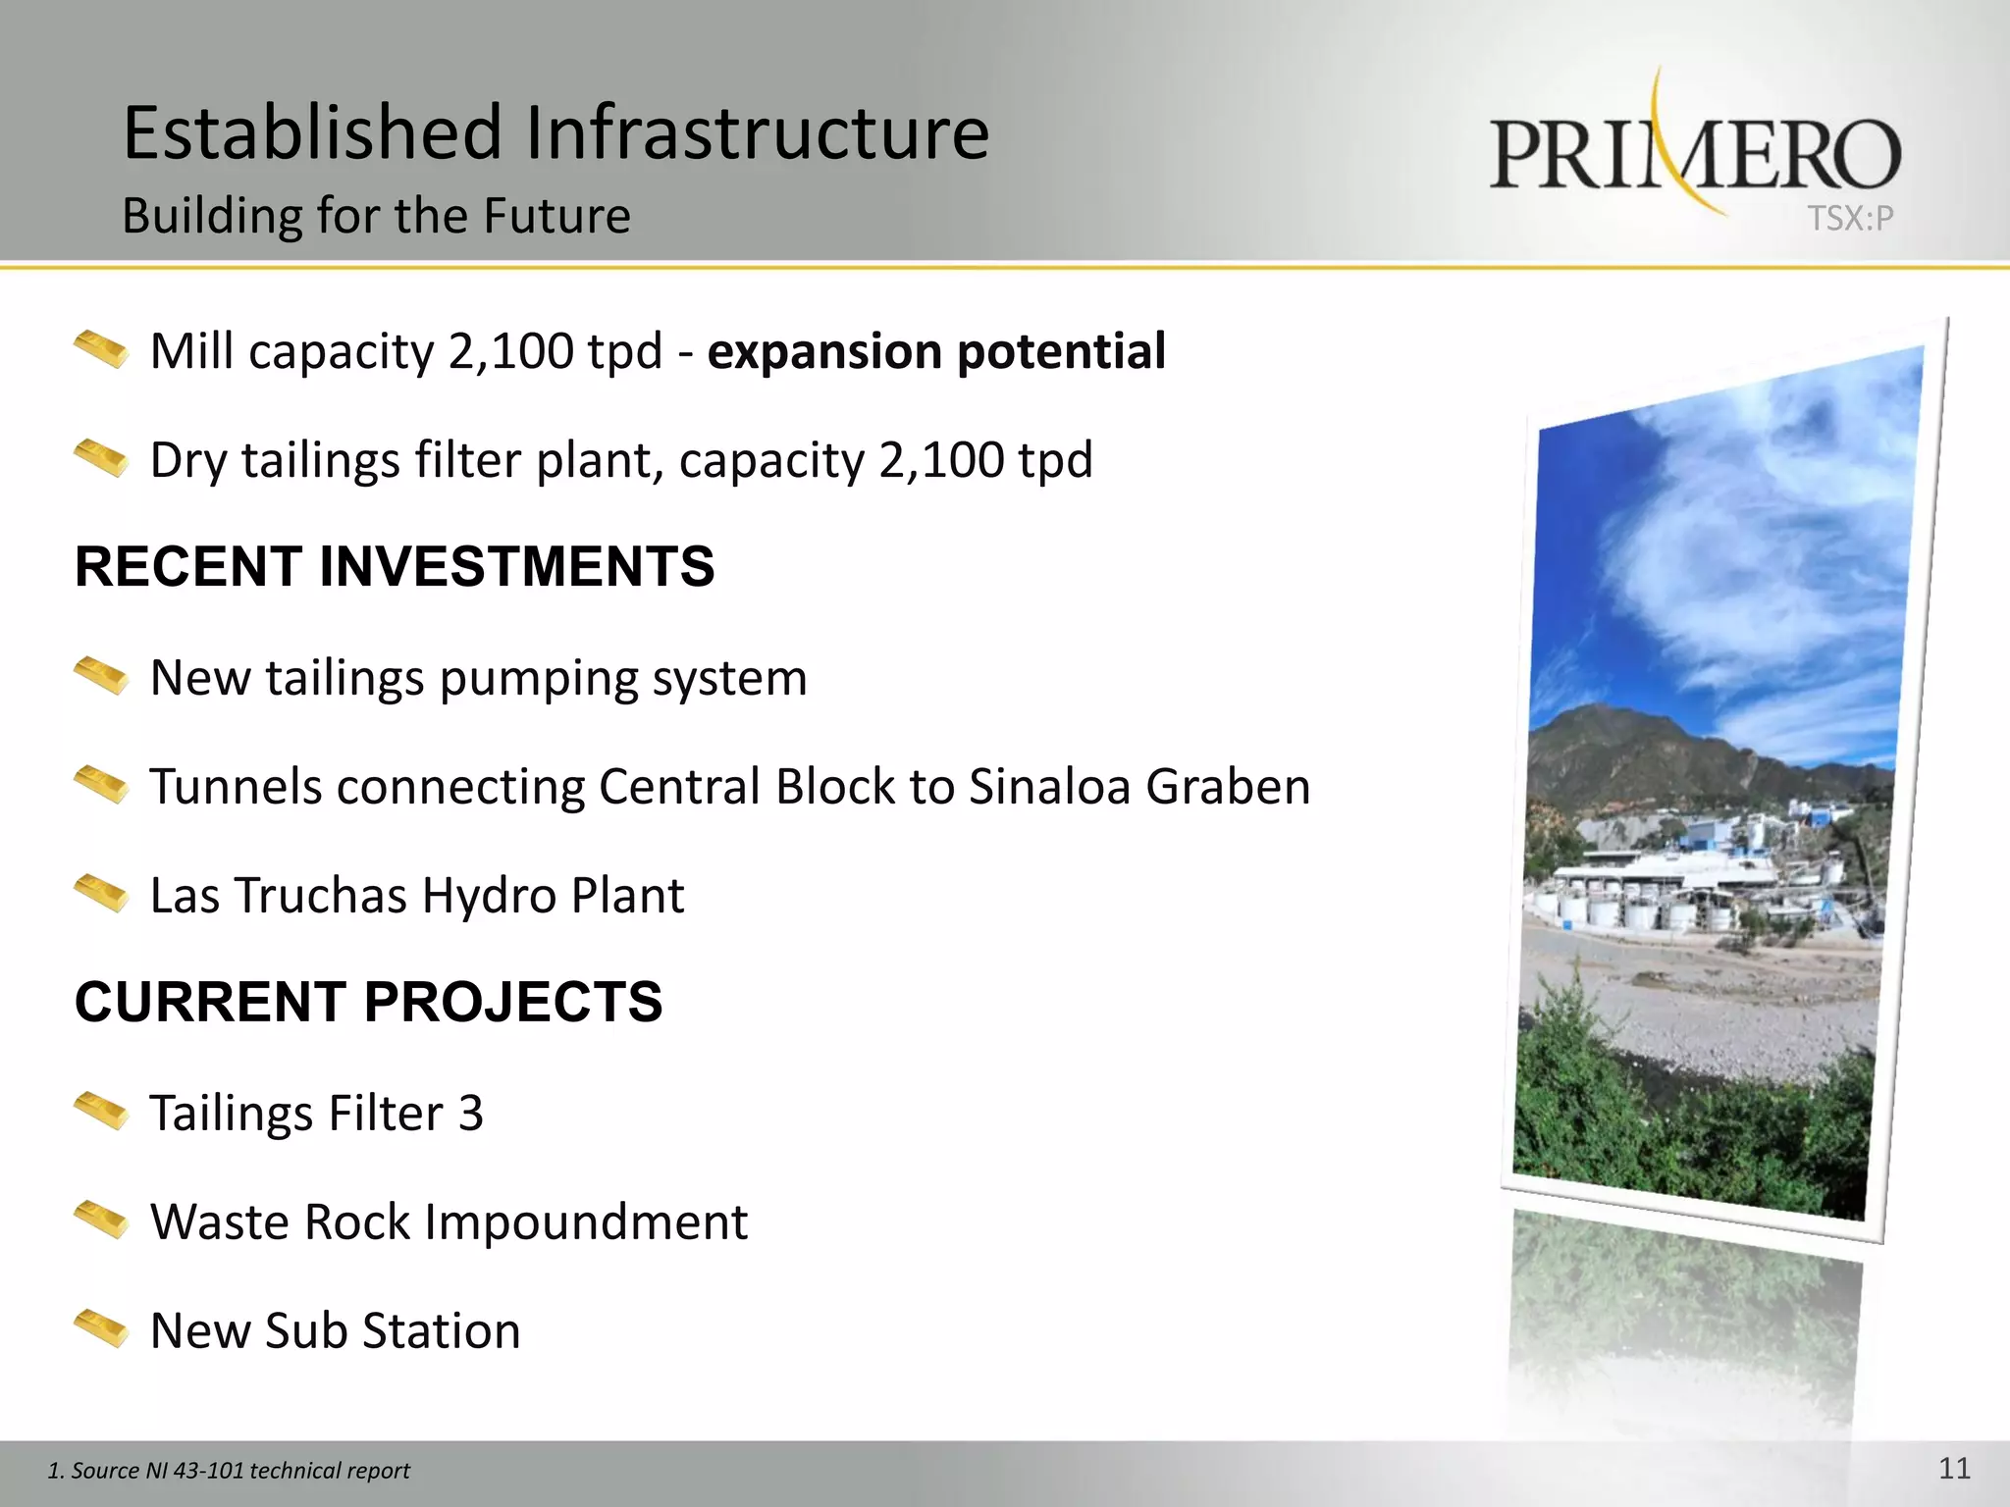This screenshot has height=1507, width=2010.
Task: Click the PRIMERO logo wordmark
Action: click(1695, 154)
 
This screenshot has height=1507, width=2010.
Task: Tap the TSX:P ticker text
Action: click(1850, 219)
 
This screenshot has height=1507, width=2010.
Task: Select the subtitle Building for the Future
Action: click(376, 216)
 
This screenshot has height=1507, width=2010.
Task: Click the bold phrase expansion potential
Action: click(936, 351)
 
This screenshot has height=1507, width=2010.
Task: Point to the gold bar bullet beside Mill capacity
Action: click(101, 350)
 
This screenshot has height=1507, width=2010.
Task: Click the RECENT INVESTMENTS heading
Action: click(395, 567)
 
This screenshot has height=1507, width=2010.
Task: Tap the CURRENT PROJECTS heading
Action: click(369, 1002)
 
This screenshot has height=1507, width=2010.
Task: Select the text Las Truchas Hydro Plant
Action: click(417, 896)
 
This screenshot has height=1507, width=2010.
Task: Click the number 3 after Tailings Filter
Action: click(471, 1114)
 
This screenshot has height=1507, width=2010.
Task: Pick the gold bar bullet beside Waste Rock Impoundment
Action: click(101, 1221)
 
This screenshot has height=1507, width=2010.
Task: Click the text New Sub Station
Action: click(335, 1331)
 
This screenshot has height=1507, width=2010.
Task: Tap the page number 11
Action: click(1954, 1469)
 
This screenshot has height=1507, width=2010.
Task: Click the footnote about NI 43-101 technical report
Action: click(229, 1471)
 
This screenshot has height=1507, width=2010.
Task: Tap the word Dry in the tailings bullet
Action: click(188, 461)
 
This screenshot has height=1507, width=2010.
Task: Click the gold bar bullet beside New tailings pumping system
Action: click(101, 676)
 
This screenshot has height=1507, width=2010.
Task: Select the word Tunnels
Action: click(236, 787)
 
